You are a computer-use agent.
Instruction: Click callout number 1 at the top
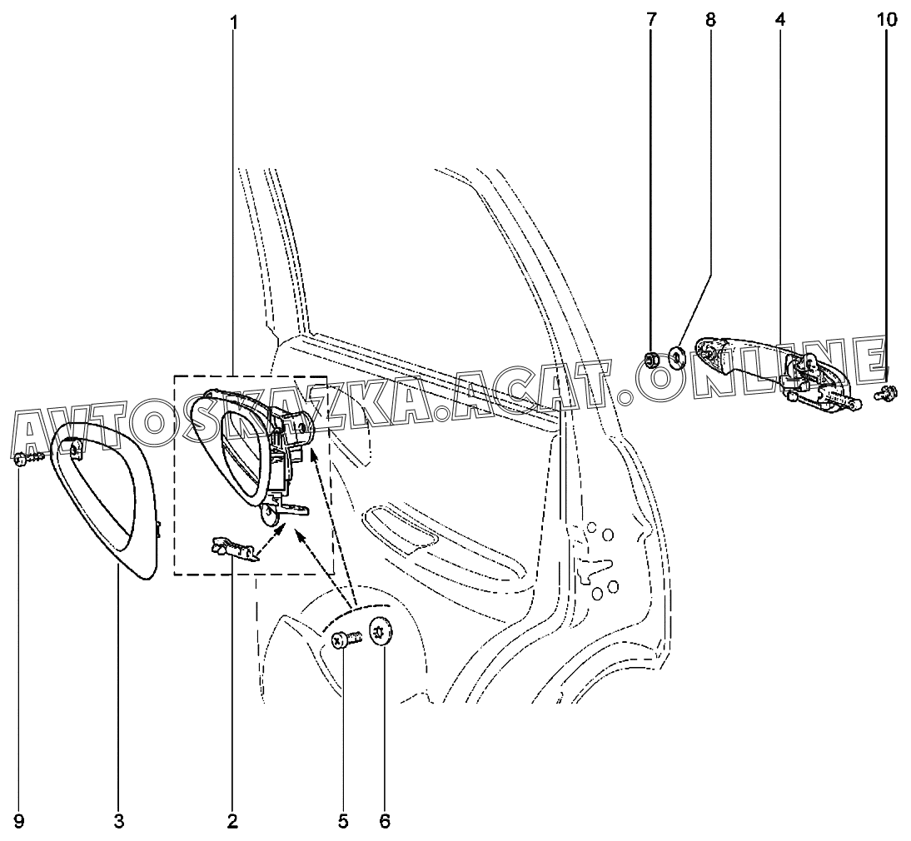(x=233, y=22)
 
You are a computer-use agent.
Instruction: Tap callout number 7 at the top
(x=650, y=20)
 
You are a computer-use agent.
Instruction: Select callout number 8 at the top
(x=710, y=20)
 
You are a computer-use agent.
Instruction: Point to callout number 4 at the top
(x=779, y=20)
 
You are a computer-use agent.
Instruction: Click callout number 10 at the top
(x=887, y=20)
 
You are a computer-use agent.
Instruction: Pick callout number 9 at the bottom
(x=18, y=821)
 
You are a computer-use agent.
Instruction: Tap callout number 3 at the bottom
(x=118, y=821)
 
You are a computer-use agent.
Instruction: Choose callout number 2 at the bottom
(x=232, y=821)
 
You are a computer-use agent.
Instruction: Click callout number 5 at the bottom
(x=343, y=821)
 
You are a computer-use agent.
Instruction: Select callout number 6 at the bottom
(x=385, y=821)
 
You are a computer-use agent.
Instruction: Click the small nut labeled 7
(x=651, y=360)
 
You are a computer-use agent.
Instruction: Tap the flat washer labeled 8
(x=676, y=357)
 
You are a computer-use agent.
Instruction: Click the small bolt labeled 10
(x=887, y=393)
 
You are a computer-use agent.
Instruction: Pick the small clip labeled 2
(x=233, y=549)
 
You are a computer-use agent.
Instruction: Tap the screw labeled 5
(x=346, y=639)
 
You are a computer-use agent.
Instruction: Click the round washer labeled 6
(x=381, y=630)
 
